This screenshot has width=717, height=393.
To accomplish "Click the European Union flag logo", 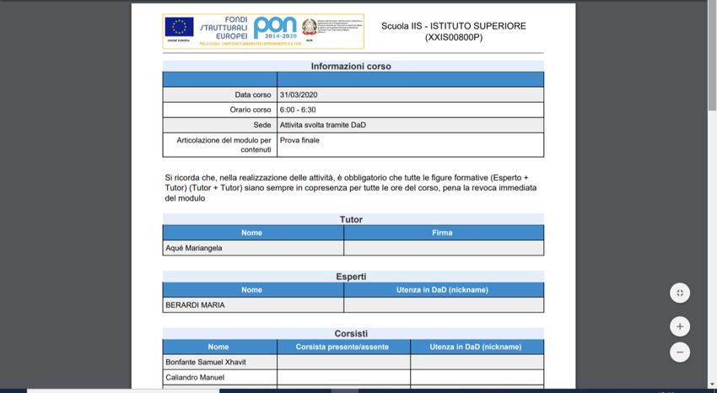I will pos(179,26).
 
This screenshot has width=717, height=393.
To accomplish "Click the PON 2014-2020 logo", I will pos(275,29).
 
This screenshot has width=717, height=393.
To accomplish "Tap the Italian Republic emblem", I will pos(310,27).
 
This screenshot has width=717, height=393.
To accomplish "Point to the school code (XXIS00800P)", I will pos(453,37).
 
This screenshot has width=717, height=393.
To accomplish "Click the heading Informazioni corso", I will pos(351,66).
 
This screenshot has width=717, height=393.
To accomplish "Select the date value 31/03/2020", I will pos(299,94).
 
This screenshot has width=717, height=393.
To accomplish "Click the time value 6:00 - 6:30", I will pos(298,110).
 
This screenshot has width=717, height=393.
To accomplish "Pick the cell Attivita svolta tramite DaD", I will pos(323,125).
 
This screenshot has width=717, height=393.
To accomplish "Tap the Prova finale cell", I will pos(300,140).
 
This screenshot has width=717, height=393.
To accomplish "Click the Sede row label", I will pos(262,125).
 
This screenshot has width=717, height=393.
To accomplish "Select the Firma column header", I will pos(442,233).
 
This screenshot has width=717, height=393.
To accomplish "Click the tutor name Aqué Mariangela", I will pos(194,248).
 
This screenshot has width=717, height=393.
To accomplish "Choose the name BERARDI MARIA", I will pos(195,304).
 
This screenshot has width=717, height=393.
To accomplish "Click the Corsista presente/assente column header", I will pos(342,347).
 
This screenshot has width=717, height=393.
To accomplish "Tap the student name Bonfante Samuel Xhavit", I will pos(207,362).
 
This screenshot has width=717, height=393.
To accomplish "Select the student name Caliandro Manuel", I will pos(195,377).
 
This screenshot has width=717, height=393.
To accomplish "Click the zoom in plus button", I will pos(680,326).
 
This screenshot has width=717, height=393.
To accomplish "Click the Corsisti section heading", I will pos(351,333).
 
